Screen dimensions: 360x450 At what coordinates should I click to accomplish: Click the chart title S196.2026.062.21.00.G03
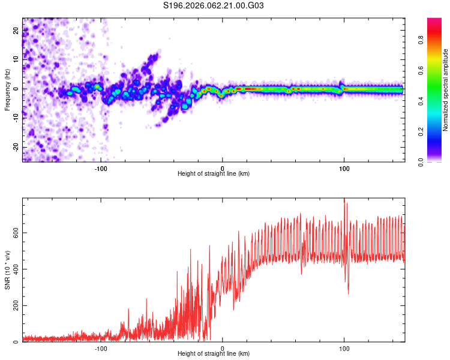pyautogui.click(x=214, y=5)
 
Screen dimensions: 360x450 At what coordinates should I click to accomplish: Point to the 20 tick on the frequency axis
pyautogui.click(x=16, y=29)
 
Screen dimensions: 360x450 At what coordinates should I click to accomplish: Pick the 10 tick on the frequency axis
pyautogui.click(x=16, y=59)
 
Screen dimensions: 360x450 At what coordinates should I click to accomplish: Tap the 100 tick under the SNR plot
pyautogui.click(x=344, y=348)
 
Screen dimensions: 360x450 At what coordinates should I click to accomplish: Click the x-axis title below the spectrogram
pyautogui.click(x=214, y=174)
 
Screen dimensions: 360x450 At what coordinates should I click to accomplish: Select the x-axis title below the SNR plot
pyautogui.click(x=214, y=354)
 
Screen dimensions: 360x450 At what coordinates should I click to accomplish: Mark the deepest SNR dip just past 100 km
pyautogui.click(x=348, y=293)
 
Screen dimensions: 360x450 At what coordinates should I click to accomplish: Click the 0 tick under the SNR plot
pyautogui.click(x=223, y=348)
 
